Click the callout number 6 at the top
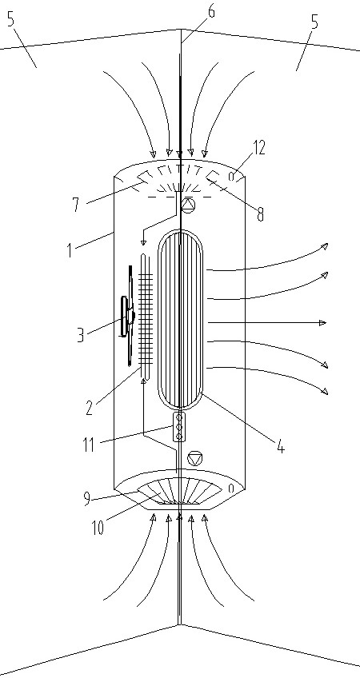[x=211, y=11]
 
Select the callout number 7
[x=77, y=205]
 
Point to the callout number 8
[x=260, y=214]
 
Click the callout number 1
[x=70, y=250]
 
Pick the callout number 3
[x=80, y=335]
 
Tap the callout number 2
[x=89, y=408]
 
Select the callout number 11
[x=89, y=445]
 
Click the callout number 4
[x=281, y=445]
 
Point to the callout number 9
[x=88, y=499]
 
